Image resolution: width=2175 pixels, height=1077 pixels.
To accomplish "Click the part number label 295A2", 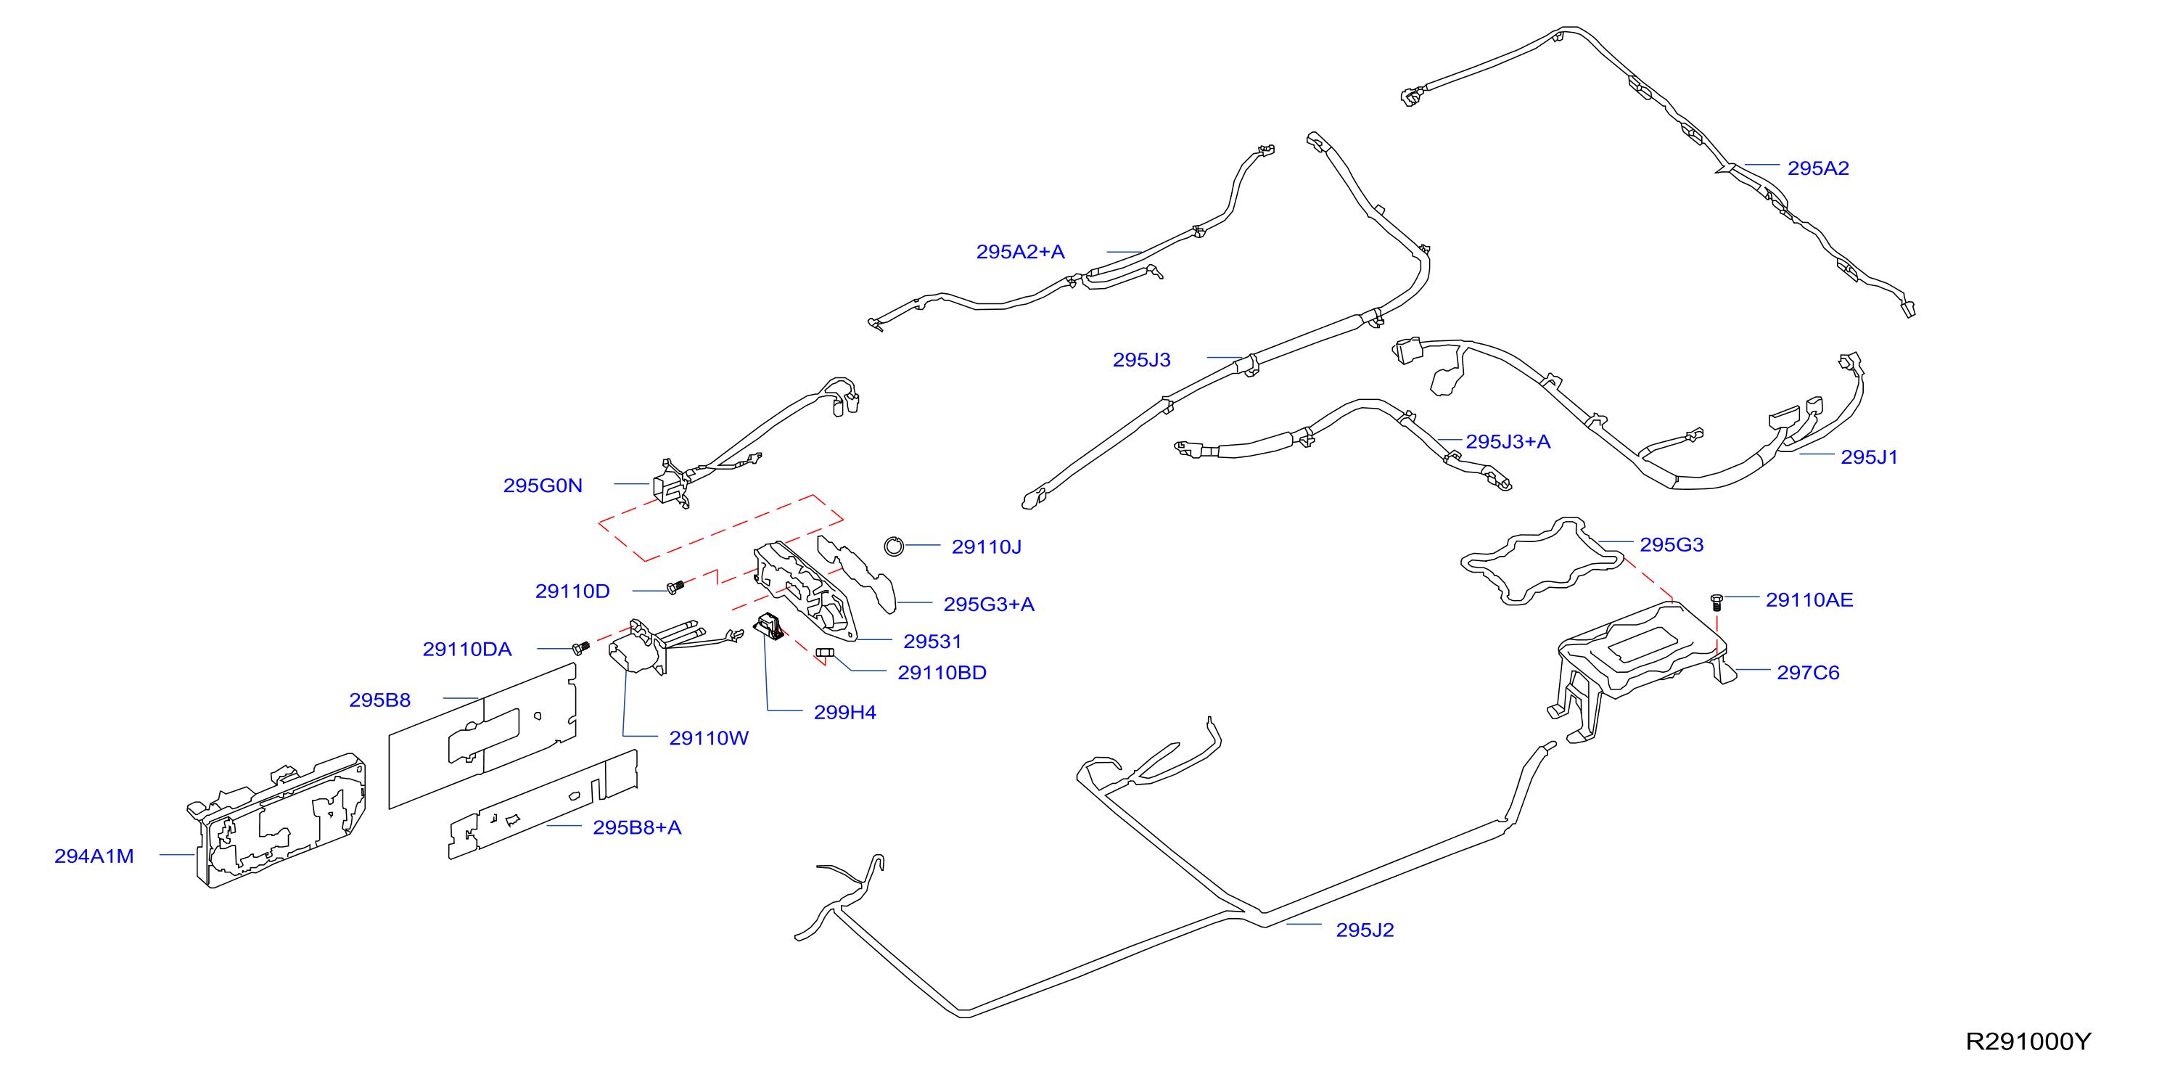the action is click(x=1818, y=168).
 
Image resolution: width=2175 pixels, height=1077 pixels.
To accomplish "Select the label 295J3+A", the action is click(x=1508, y=442).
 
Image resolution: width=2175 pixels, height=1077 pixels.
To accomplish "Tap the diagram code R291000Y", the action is click(x=2028, y=1041).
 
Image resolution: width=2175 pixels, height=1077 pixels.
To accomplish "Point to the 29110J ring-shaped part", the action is click(x=894, y=546).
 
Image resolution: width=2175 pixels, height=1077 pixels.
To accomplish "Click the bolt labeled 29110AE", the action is click(x=1716, y=602).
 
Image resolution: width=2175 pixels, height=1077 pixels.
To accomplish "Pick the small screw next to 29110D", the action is click(x=675, y=586).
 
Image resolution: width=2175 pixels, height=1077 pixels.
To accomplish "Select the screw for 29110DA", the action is click(x=581, y=648).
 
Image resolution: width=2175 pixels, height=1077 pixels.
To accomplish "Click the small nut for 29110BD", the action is click(x=825, y=653).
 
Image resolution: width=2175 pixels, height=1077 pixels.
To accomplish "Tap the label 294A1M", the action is click(x=94, y=856).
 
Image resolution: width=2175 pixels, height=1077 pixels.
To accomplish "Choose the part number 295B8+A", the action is click(x=637, y=828).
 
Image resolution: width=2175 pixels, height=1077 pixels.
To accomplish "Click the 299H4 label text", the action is click(x=844, y=713).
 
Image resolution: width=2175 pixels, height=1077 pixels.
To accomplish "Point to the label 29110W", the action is click(x=708, y=738).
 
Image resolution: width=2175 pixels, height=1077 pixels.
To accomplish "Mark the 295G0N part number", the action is click(x=543, y=486).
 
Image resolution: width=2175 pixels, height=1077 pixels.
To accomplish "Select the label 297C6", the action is click(x=1808, y=673).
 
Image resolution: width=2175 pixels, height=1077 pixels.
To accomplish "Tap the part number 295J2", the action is click(x=1365, y=930).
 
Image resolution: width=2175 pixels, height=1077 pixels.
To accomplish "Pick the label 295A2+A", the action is click(x=1020, y=252).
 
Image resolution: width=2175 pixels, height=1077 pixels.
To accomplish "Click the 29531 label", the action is click(x=932, y=642).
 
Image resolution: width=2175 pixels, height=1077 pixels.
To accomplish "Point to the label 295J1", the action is click(x=1870, y=457).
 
